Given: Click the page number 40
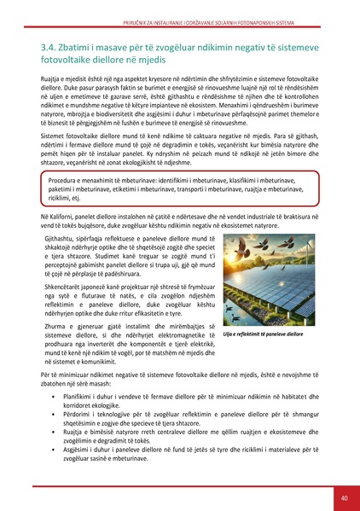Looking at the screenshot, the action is click(x=343, y=496).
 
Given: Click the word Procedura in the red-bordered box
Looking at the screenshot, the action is click(x=66, y=183).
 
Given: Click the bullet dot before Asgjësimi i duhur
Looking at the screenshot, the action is click(x=55, y=450).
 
